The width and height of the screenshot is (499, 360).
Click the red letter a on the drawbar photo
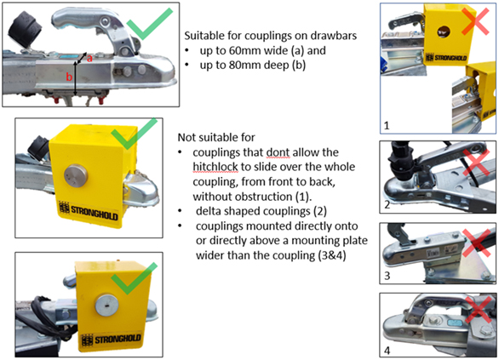(89, 58)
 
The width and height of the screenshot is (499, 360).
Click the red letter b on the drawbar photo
(69, 77)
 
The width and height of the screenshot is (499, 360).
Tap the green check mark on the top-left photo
(150, 24)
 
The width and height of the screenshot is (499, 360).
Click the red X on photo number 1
(475, 21)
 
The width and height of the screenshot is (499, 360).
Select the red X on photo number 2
(476, 163)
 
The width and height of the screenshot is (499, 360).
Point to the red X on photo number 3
(477, 243)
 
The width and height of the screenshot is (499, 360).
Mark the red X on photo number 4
(479, 310)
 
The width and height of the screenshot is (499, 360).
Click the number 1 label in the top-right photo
(387, 126)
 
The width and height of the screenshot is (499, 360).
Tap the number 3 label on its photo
(387, 276)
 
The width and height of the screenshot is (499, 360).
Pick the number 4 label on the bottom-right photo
(387, 351)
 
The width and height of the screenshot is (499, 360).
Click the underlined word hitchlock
(215, 167)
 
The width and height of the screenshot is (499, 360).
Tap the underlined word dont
(278, 152)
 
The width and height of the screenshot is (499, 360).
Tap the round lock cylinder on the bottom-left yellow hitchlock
(107, 306)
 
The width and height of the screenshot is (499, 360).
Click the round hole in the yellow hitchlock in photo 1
(444, 31)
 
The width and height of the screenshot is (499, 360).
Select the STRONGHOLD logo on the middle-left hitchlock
(89, 210)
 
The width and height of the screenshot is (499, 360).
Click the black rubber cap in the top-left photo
(23, 29)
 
